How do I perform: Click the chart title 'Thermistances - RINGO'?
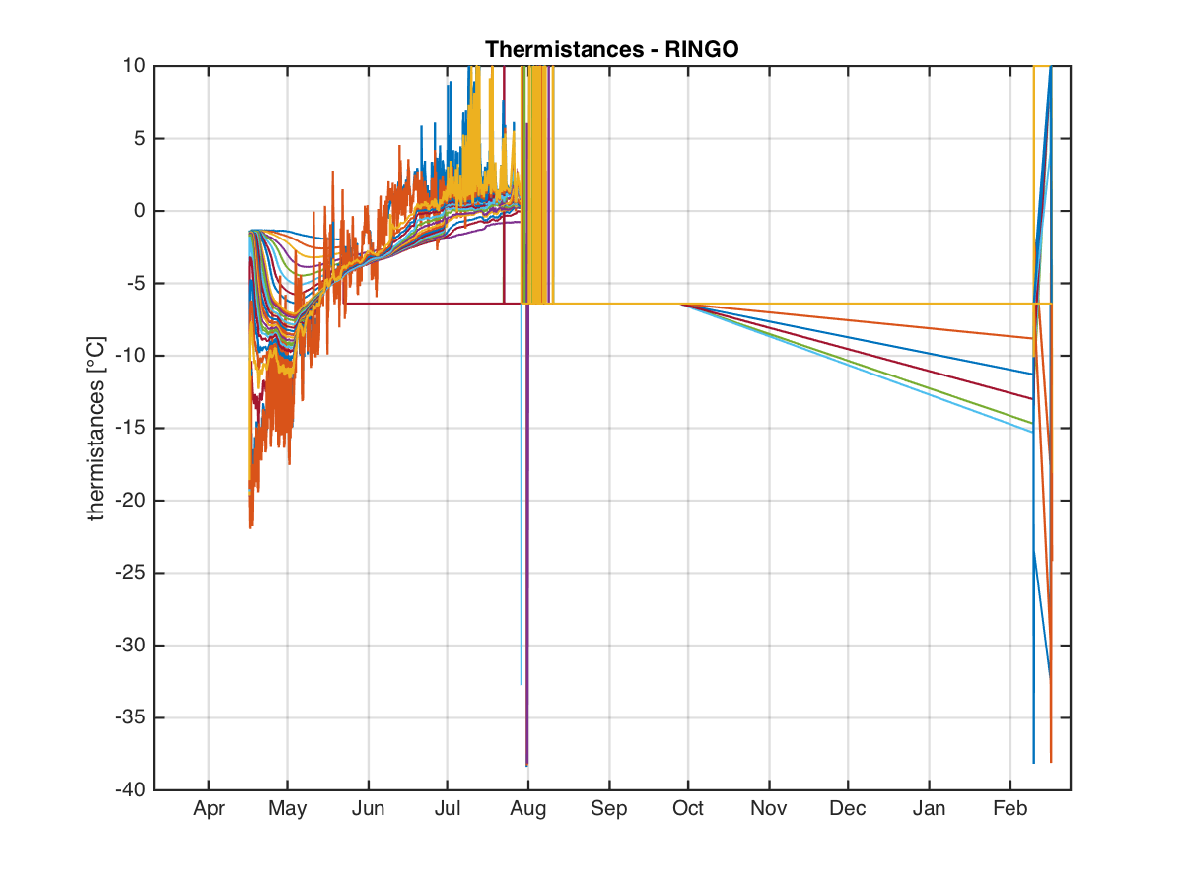(x=611, y=49)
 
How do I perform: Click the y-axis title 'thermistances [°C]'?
(x=96, y=429)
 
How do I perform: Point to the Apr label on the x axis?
(x=209, y=808)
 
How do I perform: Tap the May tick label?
(x=287, y=808)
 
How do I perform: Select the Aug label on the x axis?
(x=528, y=808)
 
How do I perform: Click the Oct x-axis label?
(x=688, y=808)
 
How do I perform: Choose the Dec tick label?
(x=847, y=808)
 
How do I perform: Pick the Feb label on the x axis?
(x=1010, y=808)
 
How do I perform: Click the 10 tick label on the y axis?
(x=135, y=66)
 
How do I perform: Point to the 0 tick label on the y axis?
(x=140, y=211)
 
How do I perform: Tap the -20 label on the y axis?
(x=131, y=501)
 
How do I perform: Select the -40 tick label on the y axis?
(x=131, y=789)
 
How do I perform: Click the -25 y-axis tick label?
(x=131, y=573)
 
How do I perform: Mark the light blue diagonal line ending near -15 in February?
(x=857, y=369)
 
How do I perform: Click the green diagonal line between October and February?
(x=857, y=364)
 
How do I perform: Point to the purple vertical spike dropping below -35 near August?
(x=527, y=533)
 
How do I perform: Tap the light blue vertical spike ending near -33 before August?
(x=522, y=494)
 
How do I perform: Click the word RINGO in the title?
(x=701, y=49)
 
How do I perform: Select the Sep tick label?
(x=609, y=808)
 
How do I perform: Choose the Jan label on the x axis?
(x=929, y=808)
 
